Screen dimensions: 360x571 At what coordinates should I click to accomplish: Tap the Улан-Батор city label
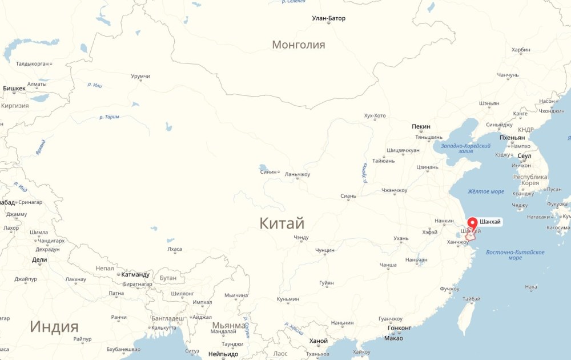[x=328, y=18]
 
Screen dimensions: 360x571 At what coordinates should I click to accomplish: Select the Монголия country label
[x=298, y=45]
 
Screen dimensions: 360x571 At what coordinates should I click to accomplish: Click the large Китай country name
[x=282, y=223]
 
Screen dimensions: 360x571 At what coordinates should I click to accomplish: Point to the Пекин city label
[x=421, y=126]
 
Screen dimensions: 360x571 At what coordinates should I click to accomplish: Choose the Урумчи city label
[x=140, y=76]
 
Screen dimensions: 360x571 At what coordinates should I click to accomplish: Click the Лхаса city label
[x=174, y=249]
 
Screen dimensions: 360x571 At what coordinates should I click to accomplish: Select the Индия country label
[x=54, y=327]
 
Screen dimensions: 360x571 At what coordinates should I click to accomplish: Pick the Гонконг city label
[x=399, y=328]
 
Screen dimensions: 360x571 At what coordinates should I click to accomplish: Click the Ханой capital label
[x=318, y=341]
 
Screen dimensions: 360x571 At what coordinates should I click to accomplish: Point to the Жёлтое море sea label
[x=485, y=191]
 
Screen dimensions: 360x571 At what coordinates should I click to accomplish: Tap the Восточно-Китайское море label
[x=514, y=255]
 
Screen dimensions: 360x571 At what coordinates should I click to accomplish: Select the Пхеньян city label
[x=512, y=138]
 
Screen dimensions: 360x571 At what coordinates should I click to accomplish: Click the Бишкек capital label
[x=14, y=89]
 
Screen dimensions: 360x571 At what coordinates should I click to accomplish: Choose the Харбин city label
[x=521, y=50]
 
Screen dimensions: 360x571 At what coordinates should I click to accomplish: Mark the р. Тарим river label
[x=109, y=117]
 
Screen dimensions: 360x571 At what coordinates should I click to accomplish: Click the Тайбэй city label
[x=471, y=299]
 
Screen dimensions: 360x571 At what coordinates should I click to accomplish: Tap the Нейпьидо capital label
[x=223, y=354]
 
